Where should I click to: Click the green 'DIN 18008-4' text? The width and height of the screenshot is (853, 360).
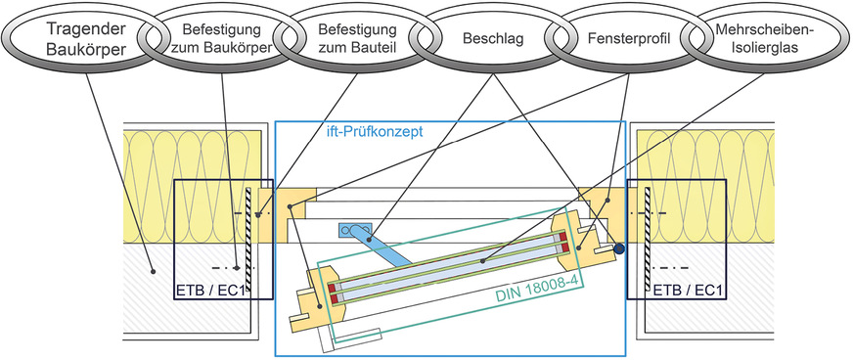click(527, 280)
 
